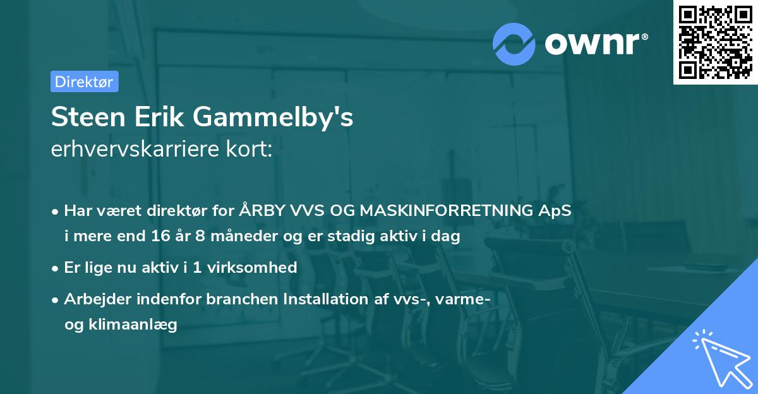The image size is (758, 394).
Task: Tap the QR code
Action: coord(715,42)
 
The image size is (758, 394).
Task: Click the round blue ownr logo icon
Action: coord(514,44)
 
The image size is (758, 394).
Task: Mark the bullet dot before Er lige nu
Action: coord(56,268)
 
